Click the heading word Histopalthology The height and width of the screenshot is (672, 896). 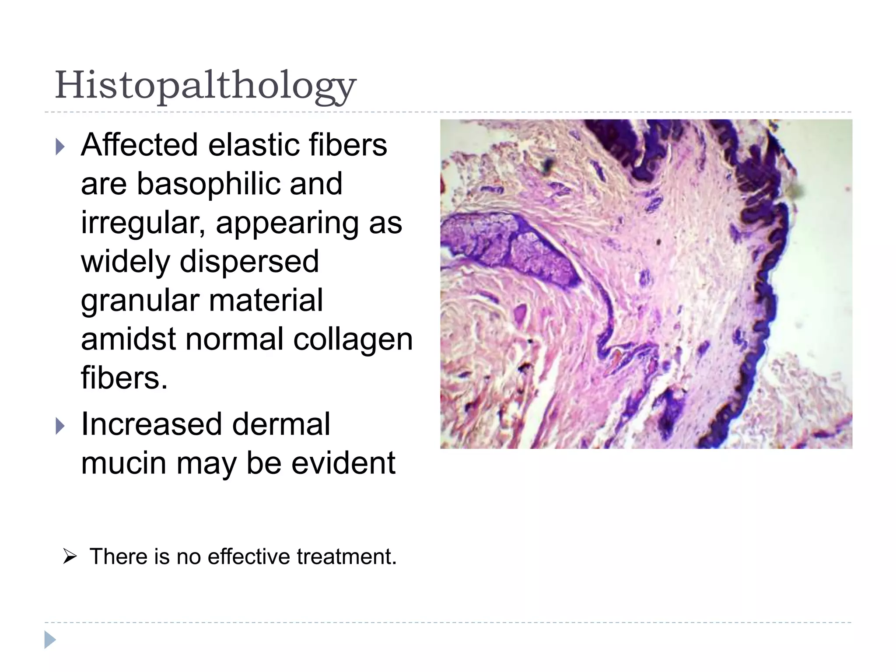206,85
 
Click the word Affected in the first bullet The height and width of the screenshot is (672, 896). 139,145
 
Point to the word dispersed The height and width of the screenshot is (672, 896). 249,262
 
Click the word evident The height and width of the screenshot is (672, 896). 343,463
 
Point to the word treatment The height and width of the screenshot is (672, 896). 346,557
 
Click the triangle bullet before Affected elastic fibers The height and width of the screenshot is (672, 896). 60,147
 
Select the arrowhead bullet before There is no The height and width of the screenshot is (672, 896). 70,557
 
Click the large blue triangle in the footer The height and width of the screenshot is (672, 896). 50,640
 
